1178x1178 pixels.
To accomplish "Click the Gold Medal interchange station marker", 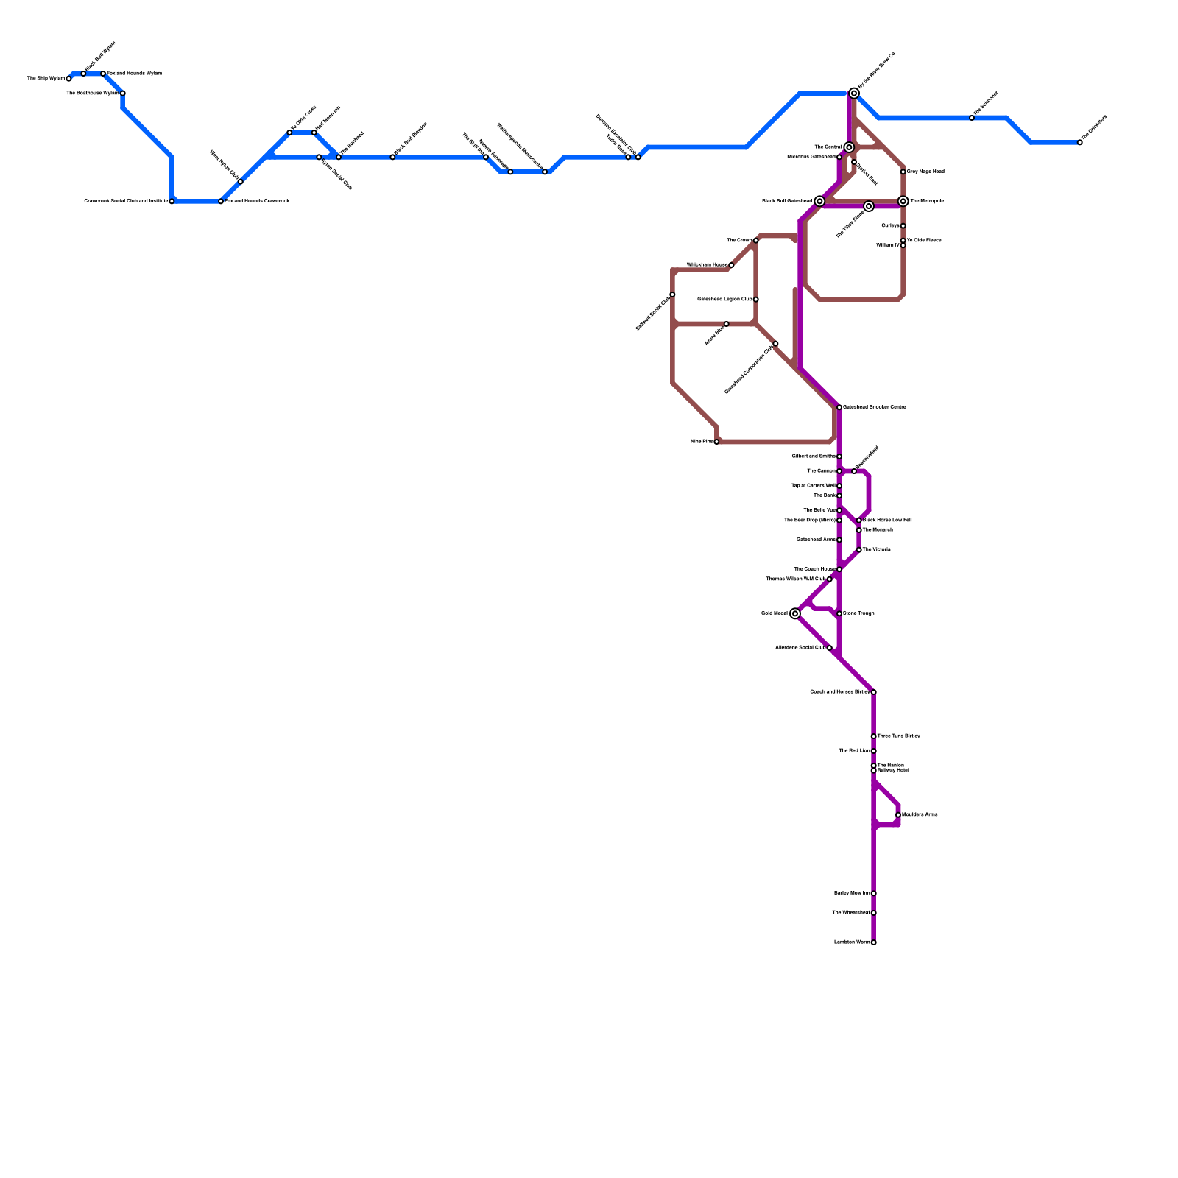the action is [795, 613].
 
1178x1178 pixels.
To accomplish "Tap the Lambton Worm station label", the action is [852, 942].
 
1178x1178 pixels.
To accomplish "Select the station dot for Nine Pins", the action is [716, 442].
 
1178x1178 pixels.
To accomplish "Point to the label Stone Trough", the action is [858, 613].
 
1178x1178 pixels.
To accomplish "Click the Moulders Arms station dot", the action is [898, 815].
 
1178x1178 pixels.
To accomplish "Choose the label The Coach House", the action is [814, 569].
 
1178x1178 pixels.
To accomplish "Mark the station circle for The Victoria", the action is [859, 550].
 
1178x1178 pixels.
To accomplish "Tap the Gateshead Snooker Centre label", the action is [874, 407].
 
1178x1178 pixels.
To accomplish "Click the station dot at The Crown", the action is [756, 241].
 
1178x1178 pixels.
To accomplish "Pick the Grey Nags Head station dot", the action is [903, 172].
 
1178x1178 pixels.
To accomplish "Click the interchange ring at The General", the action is [849, 147].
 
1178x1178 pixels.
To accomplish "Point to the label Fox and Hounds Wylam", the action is [134, 74].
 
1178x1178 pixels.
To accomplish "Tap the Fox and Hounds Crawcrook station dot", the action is [221, 201].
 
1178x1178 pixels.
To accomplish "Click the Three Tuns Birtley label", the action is [898, 736].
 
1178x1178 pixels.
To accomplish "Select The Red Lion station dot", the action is [874, 751].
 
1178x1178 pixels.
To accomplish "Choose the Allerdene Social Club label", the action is [800, 648].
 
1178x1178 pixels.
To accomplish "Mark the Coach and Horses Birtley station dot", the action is [874, 692].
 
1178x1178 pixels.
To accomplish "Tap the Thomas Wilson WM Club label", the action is [796, 579].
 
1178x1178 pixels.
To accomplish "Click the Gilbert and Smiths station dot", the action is [839, 456].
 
